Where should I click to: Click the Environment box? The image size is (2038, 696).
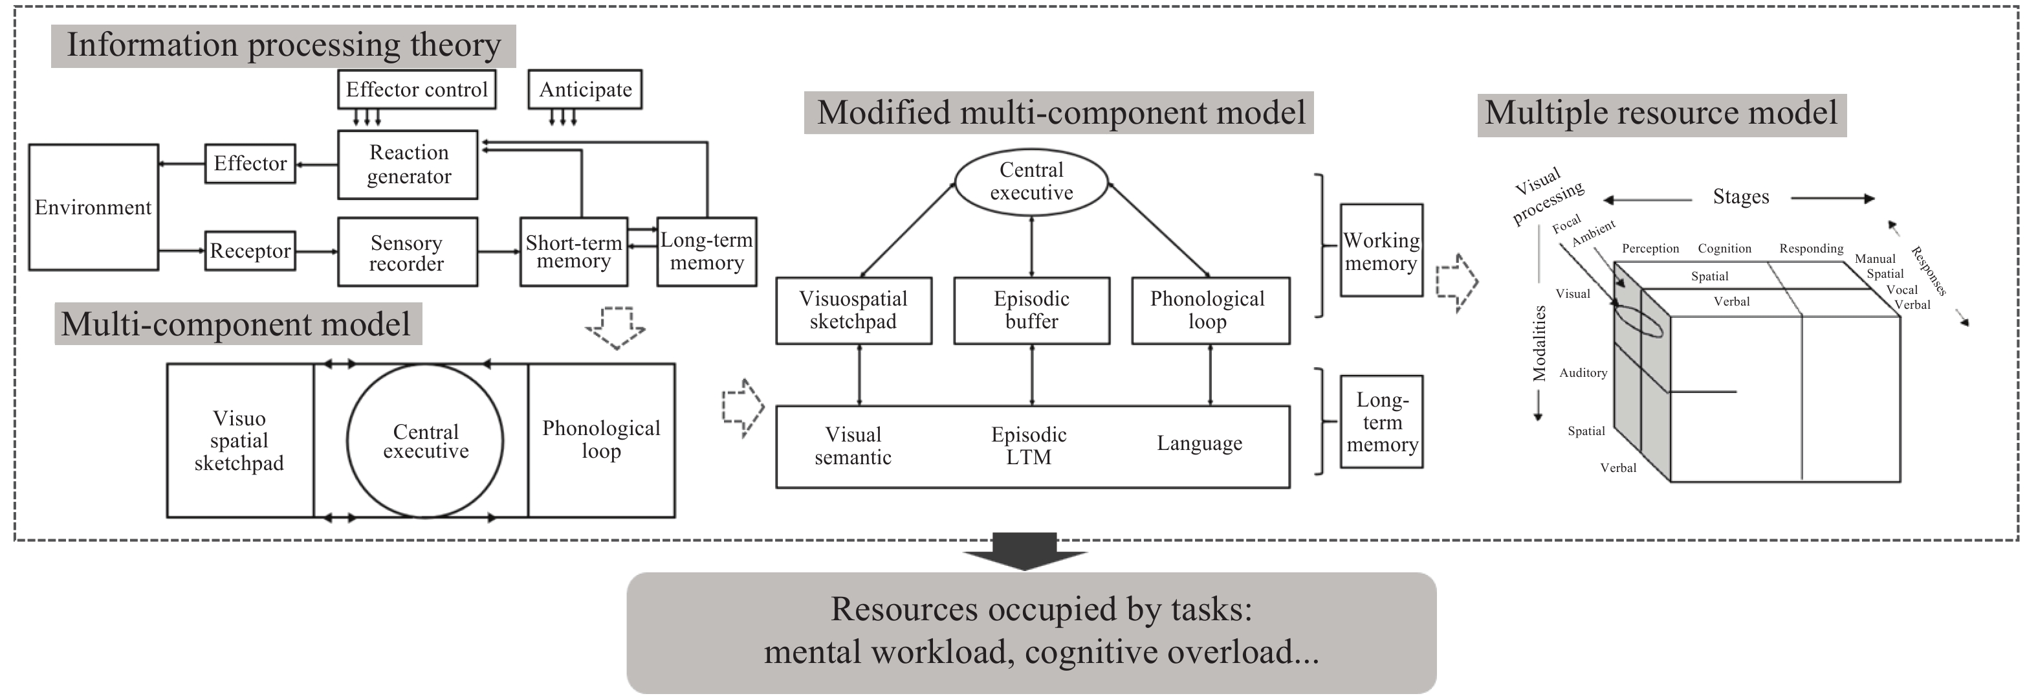click(93, 207)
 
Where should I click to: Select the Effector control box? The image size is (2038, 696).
click(417, 89)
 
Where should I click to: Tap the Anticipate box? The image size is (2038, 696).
click(586, 90)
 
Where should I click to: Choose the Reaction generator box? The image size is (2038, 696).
click(408, 164)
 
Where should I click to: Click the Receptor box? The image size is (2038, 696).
click(250, 251)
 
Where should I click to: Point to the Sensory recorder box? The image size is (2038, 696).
click(407, 253)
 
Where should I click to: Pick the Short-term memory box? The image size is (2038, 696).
click(574, 252)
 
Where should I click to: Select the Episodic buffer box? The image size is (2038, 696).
click(1032, 310)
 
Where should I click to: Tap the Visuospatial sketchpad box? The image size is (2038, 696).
click(853, 310)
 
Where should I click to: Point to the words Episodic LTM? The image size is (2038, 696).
click(1029, 446)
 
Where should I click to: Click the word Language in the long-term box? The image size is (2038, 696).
click(1200, 443)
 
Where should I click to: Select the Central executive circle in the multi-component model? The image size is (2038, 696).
click(426, 441)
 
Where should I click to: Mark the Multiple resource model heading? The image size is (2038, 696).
click(1661, 113)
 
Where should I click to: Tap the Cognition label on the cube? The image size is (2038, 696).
click(1724, 249)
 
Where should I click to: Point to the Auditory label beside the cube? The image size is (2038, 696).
click(1583, 373)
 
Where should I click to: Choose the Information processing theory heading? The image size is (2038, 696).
click(283, 45)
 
